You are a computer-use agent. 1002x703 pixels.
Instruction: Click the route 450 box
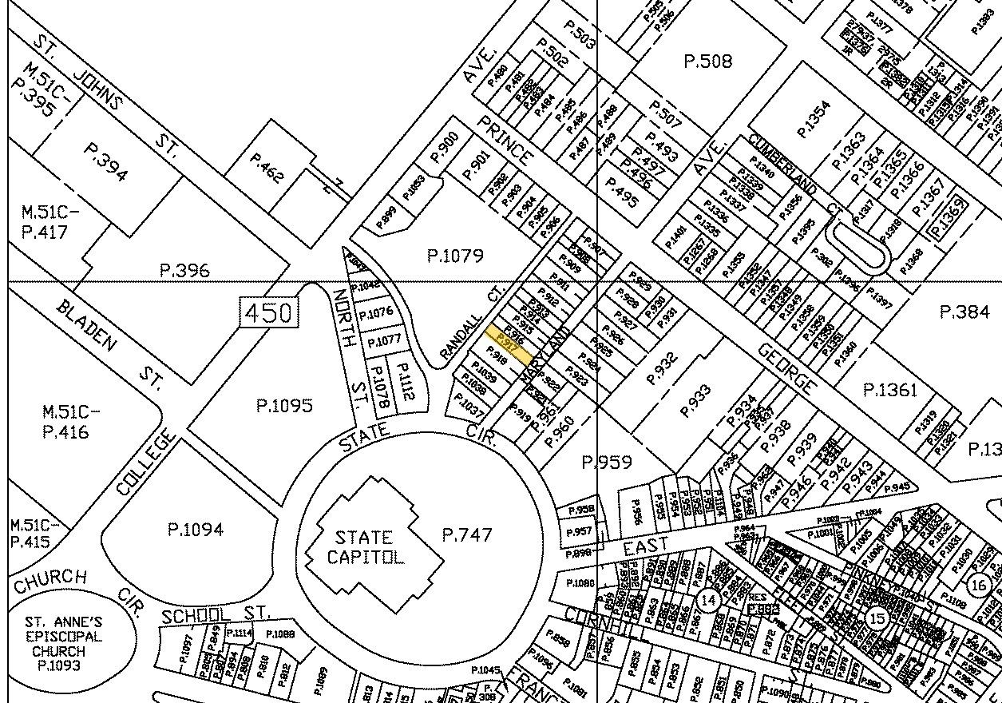click(x=270, y=312)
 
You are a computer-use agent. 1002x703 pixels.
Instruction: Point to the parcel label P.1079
click(x=455, y=256)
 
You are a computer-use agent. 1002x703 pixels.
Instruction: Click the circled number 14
click(x=707, y=599)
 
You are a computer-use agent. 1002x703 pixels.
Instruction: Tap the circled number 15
click(x=877, y=618)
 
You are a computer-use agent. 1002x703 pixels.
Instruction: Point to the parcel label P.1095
click(x=284, y=406)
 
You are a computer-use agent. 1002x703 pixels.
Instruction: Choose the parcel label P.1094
click(x=195, y=529)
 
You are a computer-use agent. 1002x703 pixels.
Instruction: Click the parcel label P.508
click(x=708, y=61)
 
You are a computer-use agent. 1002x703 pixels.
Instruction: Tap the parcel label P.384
click(x=965, y=312)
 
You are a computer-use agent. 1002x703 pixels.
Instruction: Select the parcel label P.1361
click(x=890, y=390)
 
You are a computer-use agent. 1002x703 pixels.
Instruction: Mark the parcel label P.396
click(x=185, y=270)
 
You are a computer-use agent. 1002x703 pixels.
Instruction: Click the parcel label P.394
click(x=105, y=163)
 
